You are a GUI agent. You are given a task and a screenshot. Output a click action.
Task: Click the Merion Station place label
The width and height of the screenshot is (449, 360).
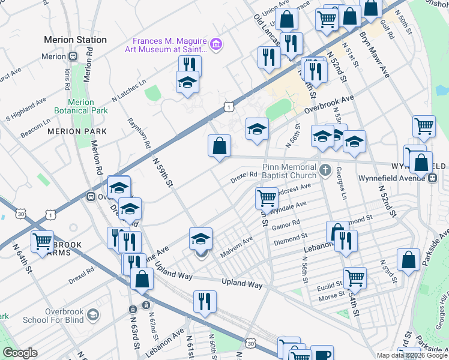(76, 40)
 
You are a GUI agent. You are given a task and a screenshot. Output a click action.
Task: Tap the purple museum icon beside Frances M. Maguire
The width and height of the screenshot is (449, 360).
(215, 44)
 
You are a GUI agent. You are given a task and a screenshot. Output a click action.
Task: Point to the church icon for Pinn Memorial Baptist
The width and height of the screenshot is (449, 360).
(325, 170)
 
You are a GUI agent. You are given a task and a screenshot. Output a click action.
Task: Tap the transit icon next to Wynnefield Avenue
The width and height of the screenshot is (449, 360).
(432, 178)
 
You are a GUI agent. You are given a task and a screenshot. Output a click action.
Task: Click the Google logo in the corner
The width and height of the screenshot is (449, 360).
(20, 353)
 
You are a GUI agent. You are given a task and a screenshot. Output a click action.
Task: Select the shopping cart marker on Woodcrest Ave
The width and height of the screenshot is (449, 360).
(266, 197)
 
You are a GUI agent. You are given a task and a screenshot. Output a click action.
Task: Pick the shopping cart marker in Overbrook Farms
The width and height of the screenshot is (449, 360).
(42, 241)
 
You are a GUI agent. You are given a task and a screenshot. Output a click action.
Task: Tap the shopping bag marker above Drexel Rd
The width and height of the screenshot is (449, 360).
(220, 146)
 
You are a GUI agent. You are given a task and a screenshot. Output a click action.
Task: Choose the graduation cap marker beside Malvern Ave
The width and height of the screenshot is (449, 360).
(200, 239)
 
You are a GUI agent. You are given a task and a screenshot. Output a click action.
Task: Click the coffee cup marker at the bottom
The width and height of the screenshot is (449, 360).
(322, 354)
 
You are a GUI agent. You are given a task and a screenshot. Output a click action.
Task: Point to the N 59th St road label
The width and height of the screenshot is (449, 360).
(163, 173)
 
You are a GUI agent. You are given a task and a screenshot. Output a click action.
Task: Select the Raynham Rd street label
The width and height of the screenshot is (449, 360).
(138, 133)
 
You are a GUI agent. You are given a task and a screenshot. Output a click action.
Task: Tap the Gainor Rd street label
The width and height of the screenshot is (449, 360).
(286, 224)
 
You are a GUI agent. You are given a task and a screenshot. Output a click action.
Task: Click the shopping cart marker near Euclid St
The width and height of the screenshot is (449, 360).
(355, 278)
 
